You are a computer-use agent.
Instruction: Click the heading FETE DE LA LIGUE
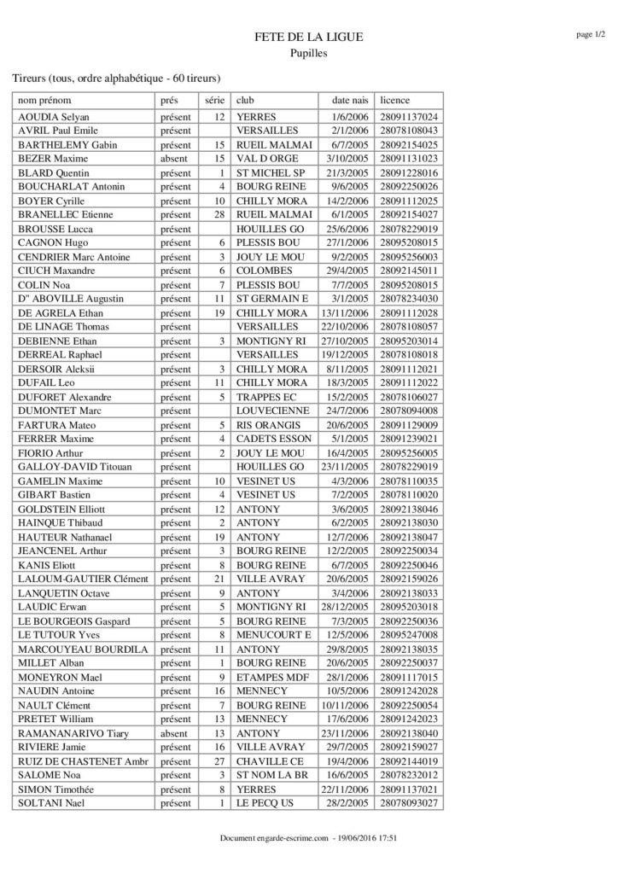click(x=308, y=37)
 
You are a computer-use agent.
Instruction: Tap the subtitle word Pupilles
click(x=308, y=53)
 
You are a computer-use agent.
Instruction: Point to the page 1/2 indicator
click(x=590, y=34)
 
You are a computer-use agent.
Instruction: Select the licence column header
click(x=395, y=100)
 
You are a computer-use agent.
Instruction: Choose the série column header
click(x=213, y=100)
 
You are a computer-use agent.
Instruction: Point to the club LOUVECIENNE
click(x=273, y=411)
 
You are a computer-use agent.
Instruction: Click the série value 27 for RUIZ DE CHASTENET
click(x=219, y=761)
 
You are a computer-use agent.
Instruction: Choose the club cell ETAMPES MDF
click(x=272, y=677)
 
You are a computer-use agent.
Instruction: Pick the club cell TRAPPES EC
click(x=268, y=397)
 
